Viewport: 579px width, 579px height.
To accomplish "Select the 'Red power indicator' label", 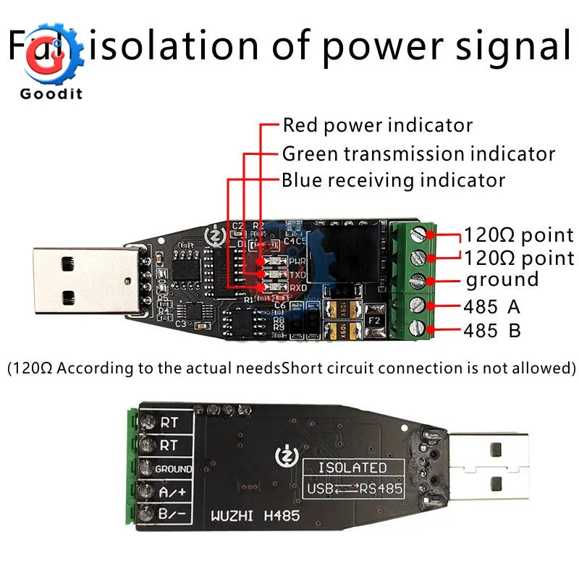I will [x=377, y=125].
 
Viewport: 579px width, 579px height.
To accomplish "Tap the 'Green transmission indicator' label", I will [x=418, y=154].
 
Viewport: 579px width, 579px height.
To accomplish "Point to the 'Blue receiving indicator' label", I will [x=393, y=179].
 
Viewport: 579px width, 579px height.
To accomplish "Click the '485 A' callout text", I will [x=493, y=307].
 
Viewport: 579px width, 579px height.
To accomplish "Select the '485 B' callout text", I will [x=493, y=331].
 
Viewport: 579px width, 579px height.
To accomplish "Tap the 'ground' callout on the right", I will [x=502, y=280].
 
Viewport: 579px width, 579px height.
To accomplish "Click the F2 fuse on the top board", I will [x=375, y=318].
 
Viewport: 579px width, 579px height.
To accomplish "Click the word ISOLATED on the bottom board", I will [x=352, y=468].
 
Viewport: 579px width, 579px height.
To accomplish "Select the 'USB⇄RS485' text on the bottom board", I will [x=354, y=489].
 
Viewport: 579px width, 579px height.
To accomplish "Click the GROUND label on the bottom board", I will [x=174, y=469].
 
